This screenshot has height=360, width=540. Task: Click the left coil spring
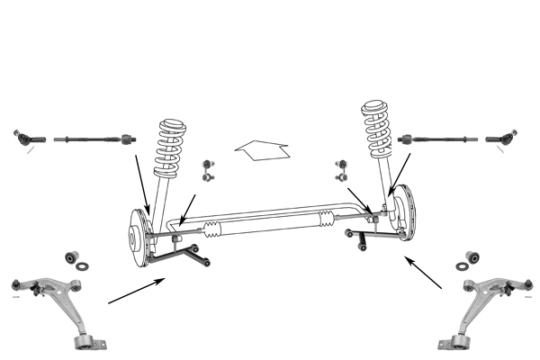(170, 148)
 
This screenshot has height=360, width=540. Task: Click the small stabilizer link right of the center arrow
(341, 170)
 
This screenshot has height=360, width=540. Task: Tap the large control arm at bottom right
(485, 306)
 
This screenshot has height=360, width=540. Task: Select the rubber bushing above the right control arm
(469, 256)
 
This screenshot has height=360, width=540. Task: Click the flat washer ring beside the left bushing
(83, 268)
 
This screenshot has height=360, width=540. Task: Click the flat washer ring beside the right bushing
(462, 266)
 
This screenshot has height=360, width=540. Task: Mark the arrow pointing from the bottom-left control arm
(136, 291)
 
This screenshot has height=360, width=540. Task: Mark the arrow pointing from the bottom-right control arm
(423, 272)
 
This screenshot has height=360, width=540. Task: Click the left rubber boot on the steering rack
(211, 229)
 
